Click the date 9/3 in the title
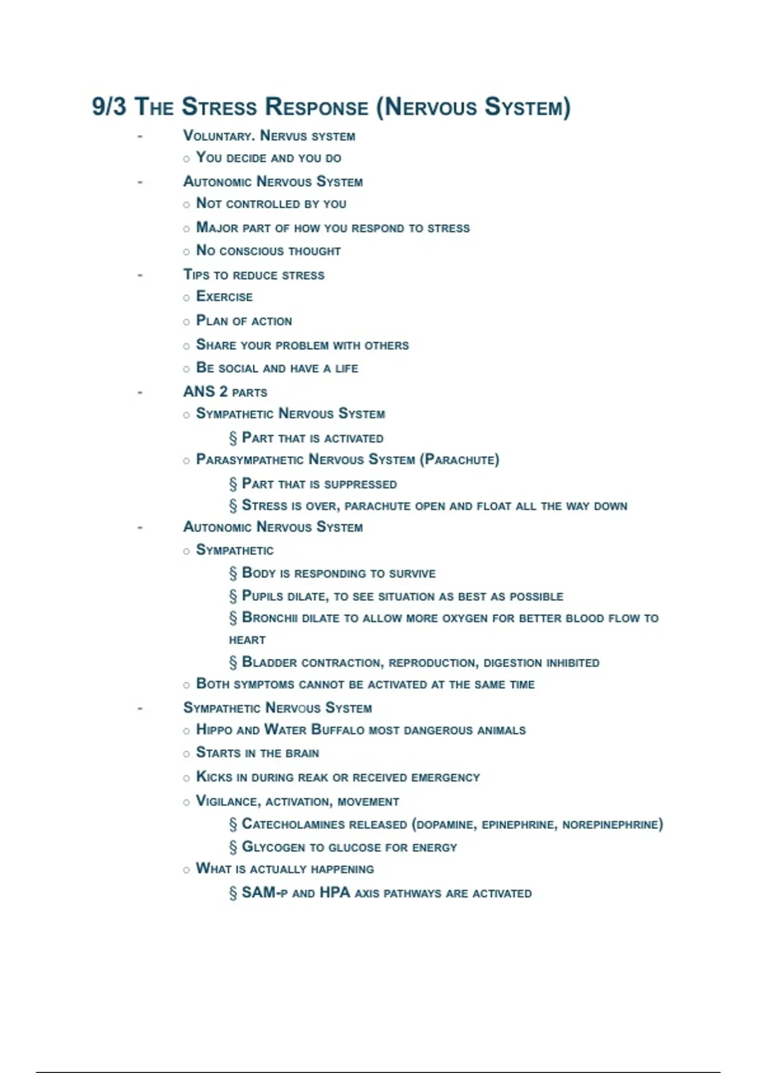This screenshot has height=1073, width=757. pos(109,107)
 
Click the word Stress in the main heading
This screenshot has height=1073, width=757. pos(219,107)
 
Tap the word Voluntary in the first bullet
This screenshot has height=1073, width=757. pos(217,136)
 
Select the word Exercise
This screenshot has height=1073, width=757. pos(224,297)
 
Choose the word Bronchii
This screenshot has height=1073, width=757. pos(269,618)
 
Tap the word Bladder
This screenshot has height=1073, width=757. pos(269,663)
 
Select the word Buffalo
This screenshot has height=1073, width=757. pos(338,730)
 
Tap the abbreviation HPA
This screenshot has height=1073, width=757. pos(334,893)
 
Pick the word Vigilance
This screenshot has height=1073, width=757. pos(227,802)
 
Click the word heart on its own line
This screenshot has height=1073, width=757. pos(247,640)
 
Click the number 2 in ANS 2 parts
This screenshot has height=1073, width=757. pos(223,392)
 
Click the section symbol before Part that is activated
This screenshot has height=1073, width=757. pos(233,438)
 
